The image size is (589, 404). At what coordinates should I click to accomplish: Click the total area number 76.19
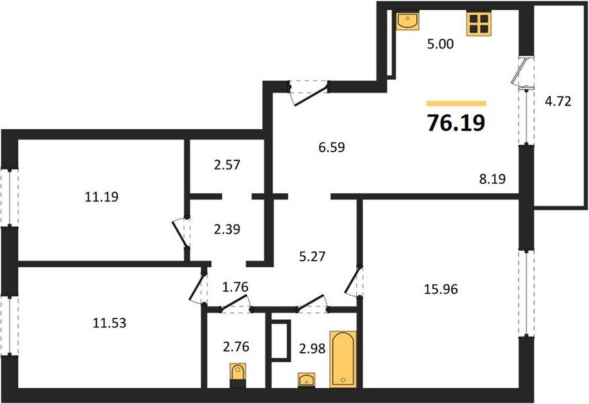coord(456,123)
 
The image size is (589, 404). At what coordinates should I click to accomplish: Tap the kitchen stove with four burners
coord(479,24)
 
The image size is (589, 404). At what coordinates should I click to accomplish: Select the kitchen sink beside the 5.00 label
coord(407,20)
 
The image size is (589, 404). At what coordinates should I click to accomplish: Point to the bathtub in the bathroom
coord(343,360)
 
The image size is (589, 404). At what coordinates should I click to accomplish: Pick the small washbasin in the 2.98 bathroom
coord(307,380)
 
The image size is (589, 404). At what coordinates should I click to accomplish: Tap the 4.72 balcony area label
coord(558,101)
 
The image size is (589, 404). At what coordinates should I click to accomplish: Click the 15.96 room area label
coord(441,290)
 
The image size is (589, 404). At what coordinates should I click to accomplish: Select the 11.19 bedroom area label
coord(102,197)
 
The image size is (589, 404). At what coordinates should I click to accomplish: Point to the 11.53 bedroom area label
coord(110,323)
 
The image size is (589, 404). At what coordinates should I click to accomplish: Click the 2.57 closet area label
coord(227,165)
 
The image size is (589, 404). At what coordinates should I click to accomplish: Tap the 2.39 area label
coord(227,229)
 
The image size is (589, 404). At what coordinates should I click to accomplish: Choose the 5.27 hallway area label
coord(313,257)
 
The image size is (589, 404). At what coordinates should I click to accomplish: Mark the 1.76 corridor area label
coord(235,287)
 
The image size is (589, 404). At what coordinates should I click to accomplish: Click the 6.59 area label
coord(331,147)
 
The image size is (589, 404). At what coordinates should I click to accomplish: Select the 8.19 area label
coord(492,178)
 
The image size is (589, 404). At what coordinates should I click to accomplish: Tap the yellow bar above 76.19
coord(456,104)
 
